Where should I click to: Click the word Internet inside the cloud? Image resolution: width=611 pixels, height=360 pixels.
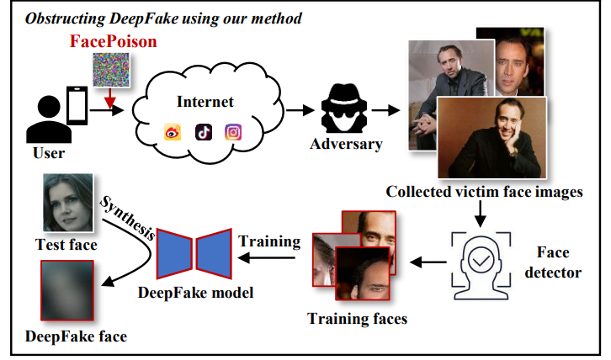pos(205,103)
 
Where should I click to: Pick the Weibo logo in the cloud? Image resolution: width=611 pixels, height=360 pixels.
pos(173,131)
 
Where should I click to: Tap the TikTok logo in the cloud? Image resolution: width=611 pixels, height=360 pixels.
pos(204,131)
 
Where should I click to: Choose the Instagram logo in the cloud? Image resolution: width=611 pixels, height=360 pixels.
pos(233,131)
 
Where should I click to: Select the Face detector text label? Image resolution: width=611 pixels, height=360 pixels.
pos(552,262)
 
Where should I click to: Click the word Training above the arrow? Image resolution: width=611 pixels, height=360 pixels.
pos(269,241)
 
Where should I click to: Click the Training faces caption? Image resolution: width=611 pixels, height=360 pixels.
pos(357,319)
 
